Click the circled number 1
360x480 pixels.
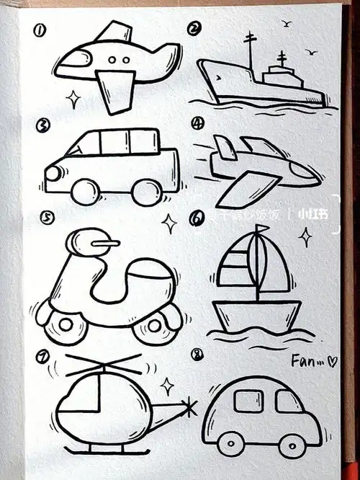click(x=40, y=30)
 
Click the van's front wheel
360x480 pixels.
click(x=86, y=191)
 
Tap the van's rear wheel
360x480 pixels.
click(x=146, y=192)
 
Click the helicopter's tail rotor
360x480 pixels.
click(x=188, y=409)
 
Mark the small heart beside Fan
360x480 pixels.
click(x=332, y=362)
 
